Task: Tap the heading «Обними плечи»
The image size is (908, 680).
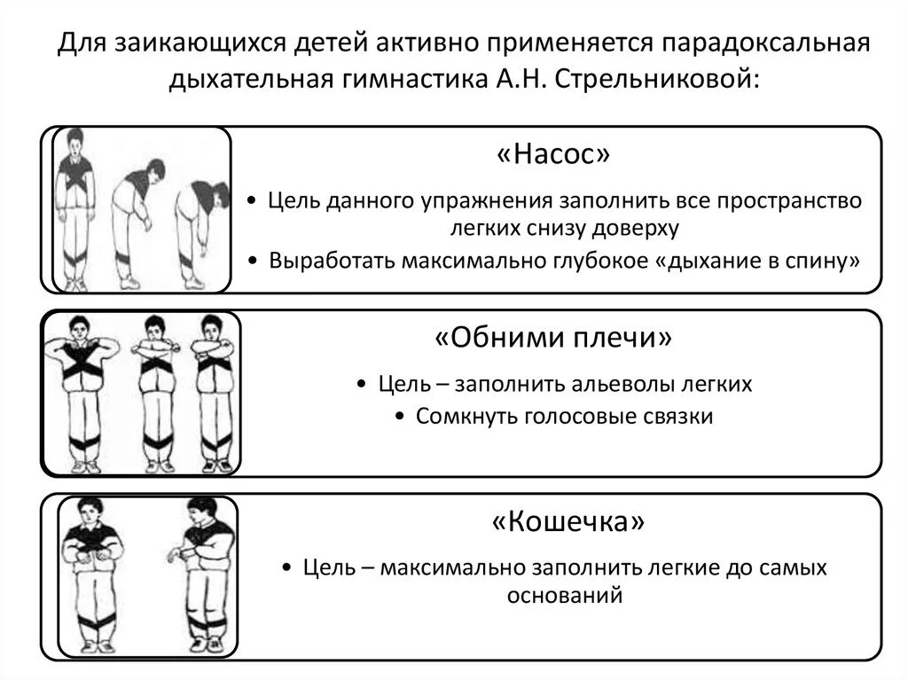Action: [553, 338]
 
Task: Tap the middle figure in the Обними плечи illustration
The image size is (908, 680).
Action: [156, 390]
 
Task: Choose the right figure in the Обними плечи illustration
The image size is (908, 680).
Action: [214, 390]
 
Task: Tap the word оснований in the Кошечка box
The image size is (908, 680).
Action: [565, 595]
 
